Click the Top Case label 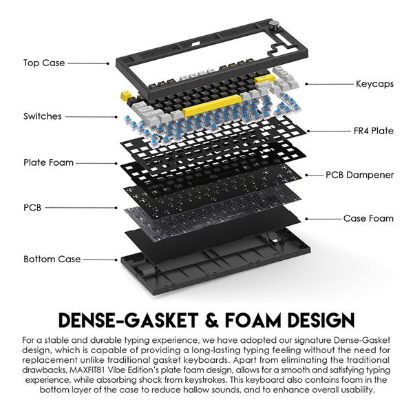tap(44, 63)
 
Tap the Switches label tap(43, 116)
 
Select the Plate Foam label tap(48, 163)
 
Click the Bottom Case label tap(52, 259)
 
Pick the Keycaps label tap(374, 84)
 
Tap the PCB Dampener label tap(360, 175)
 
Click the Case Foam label tap(369, 218)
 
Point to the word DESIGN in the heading tap(321, 321)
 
